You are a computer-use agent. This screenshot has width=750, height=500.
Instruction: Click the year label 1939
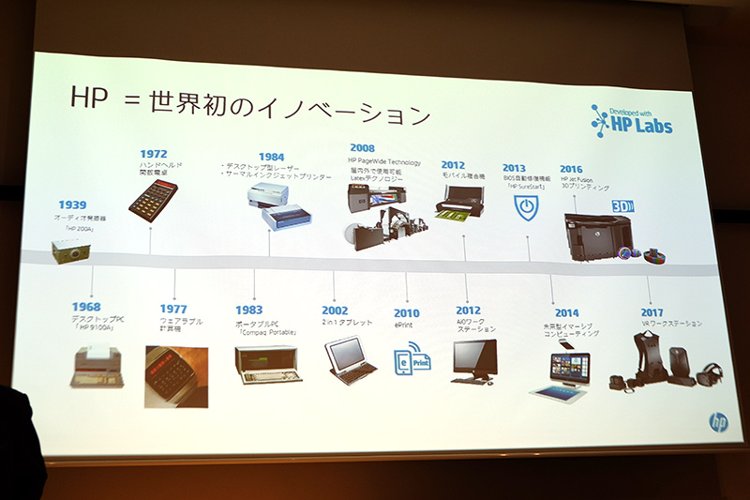point(72,205)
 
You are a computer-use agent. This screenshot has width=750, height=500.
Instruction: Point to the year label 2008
point(362,148)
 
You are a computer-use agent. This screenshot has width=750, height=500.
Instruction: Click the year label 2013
point(516,170)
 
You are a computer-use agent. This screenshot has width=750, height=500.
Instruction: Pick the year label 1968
point(86,307)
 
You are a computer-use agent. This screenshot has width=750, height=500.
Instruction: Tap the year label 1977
point(172,310)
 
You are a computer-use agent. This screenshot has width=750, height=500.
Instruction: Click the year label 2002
point(335,311)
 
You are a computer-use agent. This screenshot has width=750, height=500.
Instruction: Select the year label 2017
point(652,312)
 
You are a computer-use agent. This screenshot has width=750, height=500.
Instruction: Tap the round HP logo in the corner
point(718,422)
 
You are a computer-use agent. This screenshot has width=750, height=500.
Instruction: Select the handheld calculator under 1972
point(153,198)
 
